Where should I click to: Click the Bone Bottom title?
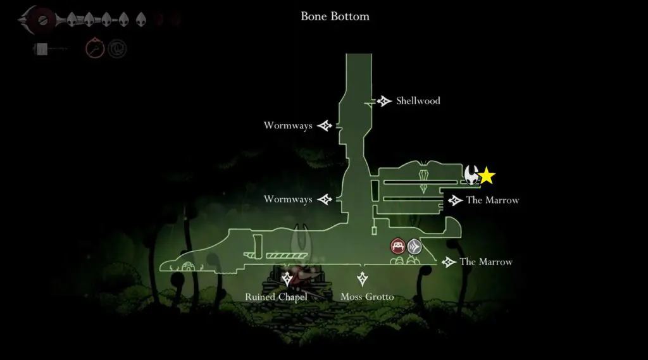pyautogui.click(x=335, y=16)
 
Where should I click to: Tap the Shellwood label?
pyautogui.click(x=418, y=101)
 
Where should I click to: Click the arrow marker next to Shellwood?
pyautogui.click(x=383, y=101)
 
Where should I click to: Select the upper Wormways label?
pyautogui.click(x=288, y=126)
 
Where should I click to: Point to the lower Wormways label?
pyautogui.click(x=288, y=199)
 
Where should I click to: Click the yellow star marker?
pyautogui.click(x=487, y=176)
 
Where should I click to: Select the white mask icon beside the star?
pyautogui.click(x=471, y=175)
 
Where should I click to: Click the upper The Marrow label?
pyautogui.click(x=492, y=201)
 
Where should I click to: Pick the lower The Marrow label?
pyautogui.click(x=486, y=262)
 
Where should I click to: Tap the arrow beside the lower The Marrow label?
pyautogui.click(x=449, y=262)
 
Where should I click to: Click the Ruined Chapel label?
pyautogui.click(x=276, y=297)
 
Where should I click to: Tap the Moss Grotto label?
pyautogui.click(x=367, y=297)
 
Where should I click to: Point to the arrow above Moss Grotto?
pyautogui.click(x=363, y=278)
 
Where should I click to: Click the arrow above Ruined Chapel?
pyautogui.click(x=288, y=278)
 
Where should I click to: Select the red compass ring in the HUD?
pyautogui.click(x=94, y=48)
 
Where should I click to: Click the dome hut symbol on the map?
pyautogui.click(x=187, y=266)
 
